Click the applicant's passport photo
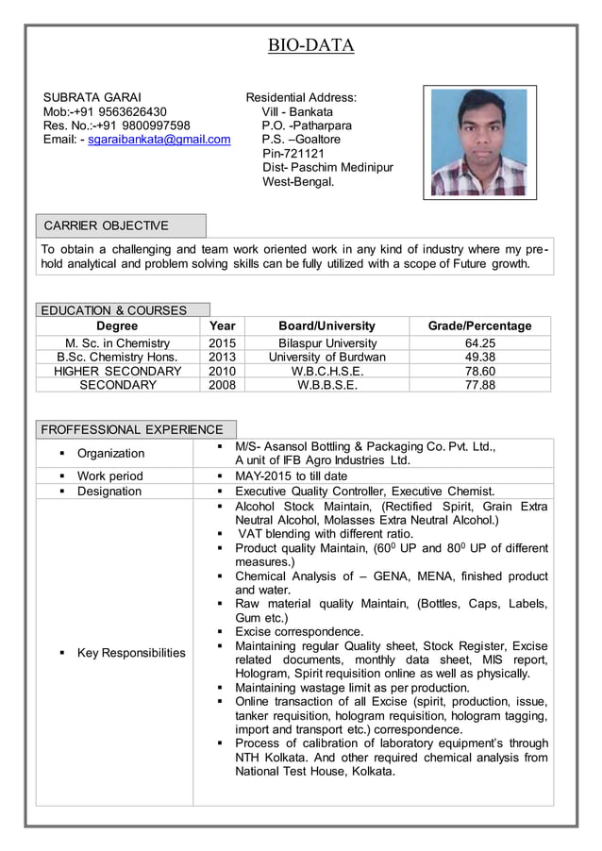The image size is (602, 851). (x=479, y=142)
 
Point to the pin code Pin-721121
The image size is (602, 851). (x=293, y=154)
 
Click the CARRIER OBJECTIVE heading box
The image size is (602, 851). (x=120, y=225)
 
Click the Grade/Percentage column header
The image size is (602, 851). (x=479, y=325)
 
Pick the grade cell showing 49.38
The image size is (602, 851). (x=480, y=357)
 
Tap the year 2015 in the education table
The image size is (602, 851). (x=222, y=342)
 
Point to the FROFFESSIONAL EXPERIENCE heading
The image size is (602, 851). (x=132, y=429)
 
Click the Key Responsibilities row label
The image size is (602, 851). (x=131, y=653)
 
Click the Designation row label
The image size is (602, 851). (x=109, y=492)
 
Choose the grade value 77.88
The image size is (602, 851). (x=480, y=385)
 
